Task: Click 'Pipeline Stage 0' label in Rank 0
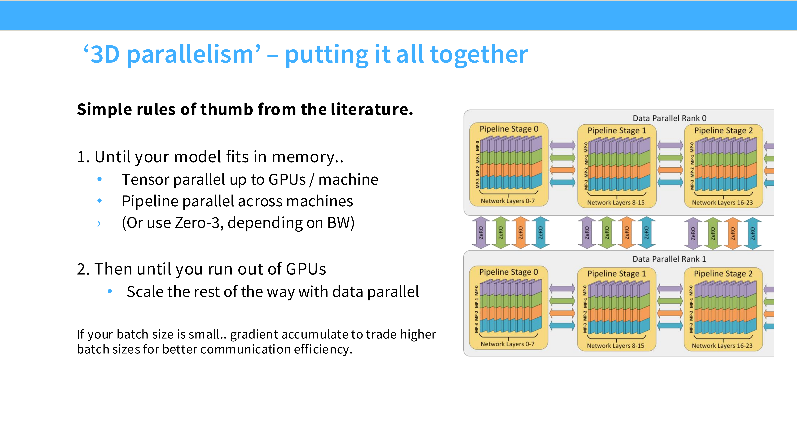pyautogui.click(x=509, y=129)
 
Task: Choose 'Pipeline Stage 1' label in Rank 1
pyautogui.click(x=617, y=274)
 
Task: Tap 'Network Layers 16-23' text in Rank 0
pyautogui.click(x=722, y=203)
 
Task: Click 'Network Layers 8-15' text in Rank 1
pyautogui.click(x=616, y=346)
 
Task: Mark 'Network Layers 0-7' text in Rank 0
pyautogui.click(x=508, y=201)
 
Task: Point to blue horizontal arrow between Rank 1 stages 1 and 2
pyautogui.click(x=670, y=325)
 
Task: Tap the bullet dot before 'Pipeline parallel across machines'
pyautogui.click(x=99, y=201)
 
